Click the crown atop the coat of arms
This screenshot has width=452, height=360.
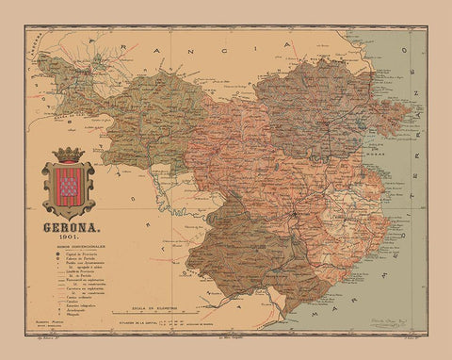tap(69, 154)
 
